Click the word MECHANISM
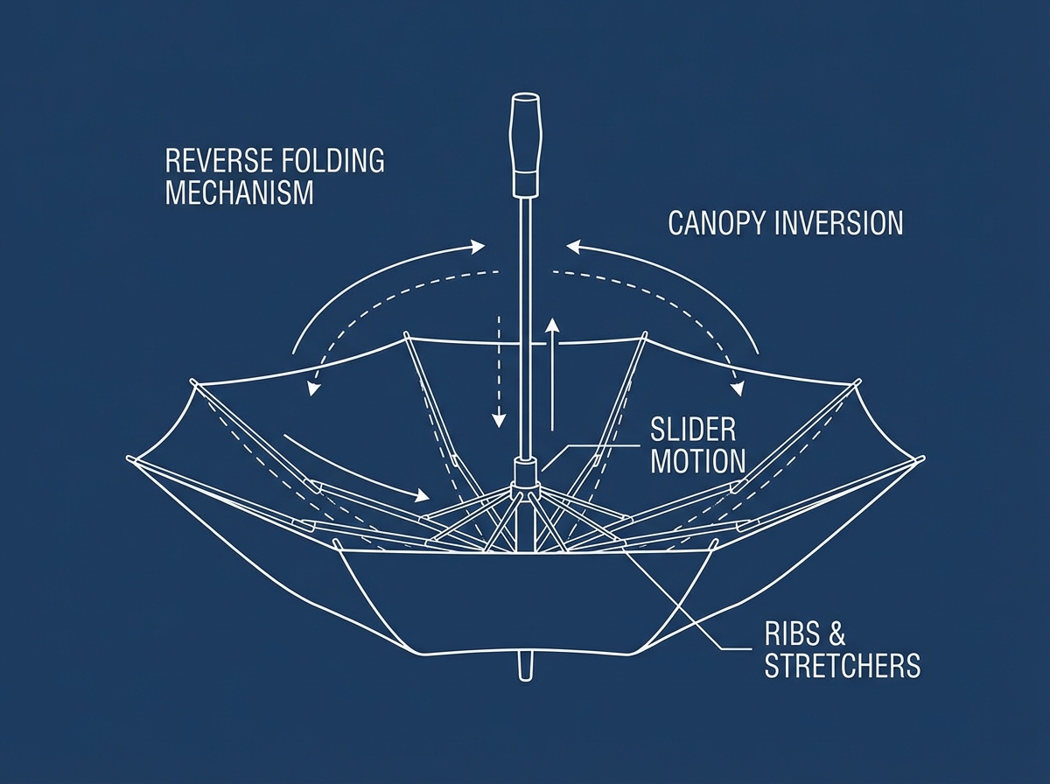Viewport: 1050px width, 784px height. [239, 192]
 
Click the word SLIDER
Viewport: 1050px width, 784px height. [694, 430]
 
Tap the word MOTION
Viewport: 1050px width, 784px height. [697, 460]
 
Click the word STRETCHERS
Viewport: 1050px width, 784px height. [843, 666]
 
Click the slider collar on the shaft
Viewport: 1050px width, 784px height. [525, 474]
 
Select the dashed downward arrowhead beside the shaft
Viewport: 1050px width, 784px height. [499, 421]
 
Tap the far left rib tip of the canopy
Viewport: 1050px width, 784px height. [130, 458]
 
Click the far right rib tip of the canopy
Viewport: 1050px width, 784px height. [922, 458]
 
